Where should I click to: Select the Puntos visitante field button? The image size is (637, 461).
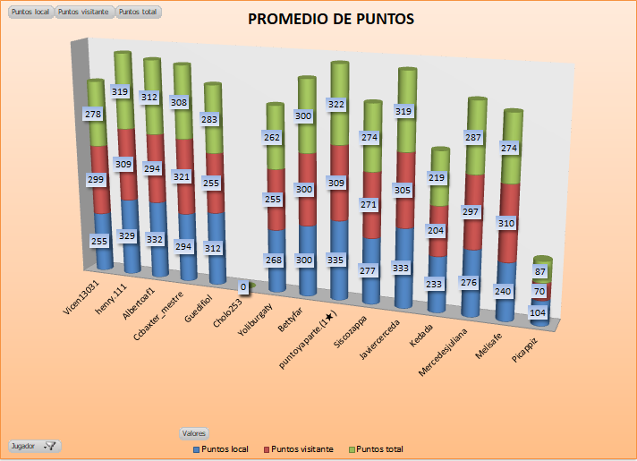[x=84, y=13]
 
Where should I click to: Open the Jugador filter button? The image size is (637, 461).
[x=34, y=445]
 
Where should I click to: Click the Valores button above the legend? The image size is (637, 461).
[x=194, y=432]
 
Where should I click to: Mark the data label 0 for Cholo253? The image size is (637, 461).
[x=242, y=286]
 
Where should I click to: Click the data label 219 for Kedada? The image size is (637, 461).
[x=437, y=178]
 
